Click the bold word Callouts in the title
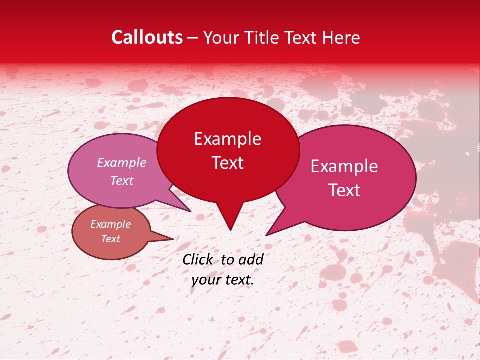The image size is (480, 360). coord(147,37)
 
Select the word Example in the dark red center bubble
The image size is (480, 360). coord(227,139)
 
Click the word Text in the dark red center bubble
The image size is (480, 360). coord(227,163)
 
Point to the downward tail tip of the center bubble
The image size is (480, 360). coord(230,229)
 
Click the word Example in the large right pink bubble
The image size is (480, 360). coord(344,166)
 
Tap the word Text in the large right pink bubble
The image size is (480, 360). coord(344,190)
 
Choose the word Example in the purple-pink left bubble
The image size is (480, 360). coord(122,162)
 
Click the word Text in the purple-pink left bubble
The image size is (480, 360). coord(122,180)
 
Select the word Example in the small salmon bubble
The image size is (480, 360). coord(111,224)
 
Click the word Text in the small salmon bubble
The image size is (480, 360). coord(111,239)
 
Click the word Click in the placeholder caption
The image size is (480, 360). coord(198,259)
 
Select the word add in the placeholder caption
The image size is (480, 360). coord(251,259)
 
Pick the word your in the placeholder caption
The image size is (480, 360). coord(205,280)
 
